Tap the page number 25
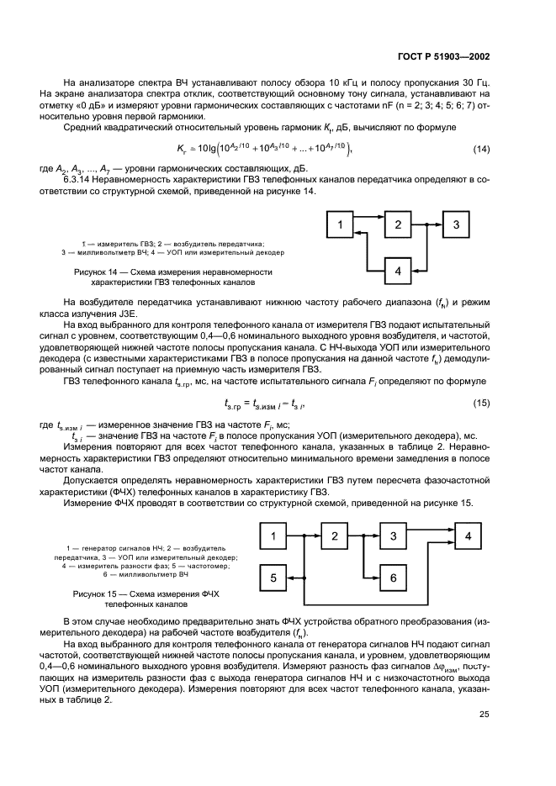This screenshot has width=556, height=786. [x=484, y=715]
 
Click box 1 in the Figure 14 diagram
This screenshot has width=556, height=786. [x=340, y=224]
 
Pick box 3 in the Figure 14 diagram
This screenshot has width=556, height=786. [x=455, y=224]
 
